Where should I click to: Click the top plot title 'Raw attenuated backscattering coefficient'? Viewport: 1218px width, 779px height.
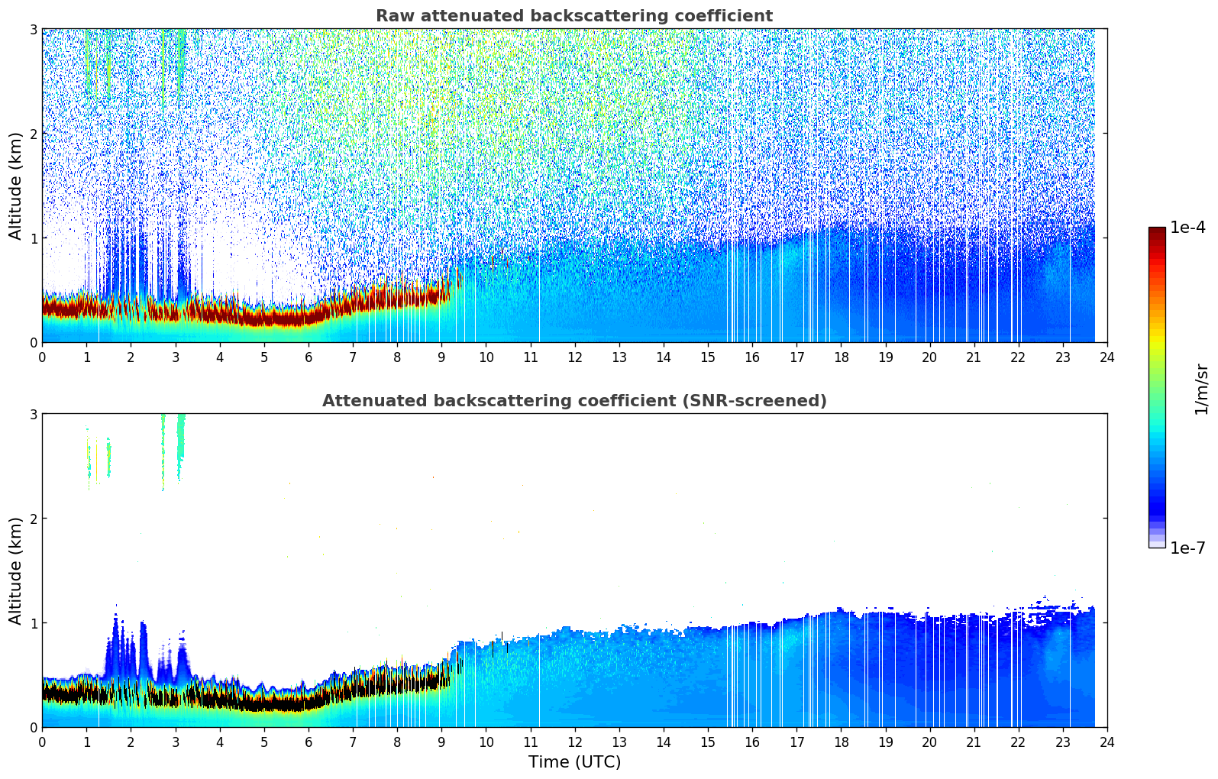point(574,16)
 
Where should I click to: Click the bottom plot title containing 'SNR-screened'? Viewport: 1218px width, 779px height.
point(574,401)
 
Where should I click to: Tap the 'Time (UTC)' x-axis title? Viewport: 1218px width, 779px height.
point(574,762)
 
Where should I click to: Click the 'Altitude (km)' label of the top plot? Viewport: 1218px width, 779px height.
point(15,186)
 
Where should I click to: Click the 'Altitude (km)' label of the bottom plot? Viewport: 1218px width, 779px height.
point(15,571)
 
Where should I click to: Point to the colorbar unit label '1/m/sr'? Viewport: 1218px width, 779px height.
point(1202,389)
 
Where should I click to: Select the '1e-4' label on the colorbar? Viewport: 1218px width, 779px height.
point(1187,228)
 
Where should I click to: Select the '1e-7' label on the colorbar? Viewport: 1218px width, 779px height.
point(1187,548)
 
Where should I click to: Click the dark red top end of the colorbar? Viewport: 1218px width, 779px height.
point(1157,231)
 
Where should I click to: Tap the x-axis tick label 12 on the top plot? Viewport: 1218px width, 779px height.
point(574,357)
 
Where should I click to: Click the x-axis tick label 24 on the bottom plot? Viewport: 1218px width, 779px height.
point(1107,742)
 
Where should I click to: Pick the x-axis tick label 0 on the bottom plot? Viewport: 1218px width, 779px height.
point(42,742)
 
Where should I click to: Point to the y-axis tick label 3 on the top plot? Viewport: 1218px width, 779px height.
point(33,29)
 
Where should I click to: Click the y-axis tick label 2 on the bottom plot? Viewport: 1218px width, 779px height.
point(33,519)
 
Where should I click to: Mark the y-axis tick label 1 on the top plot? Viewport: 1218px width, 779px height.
point(33,238)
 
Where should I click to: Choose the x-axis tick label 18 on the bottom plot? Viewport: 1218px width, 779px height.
point(841,742)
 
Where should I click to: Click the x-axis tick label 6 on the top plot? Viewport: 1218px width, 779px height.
point(309,357)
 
